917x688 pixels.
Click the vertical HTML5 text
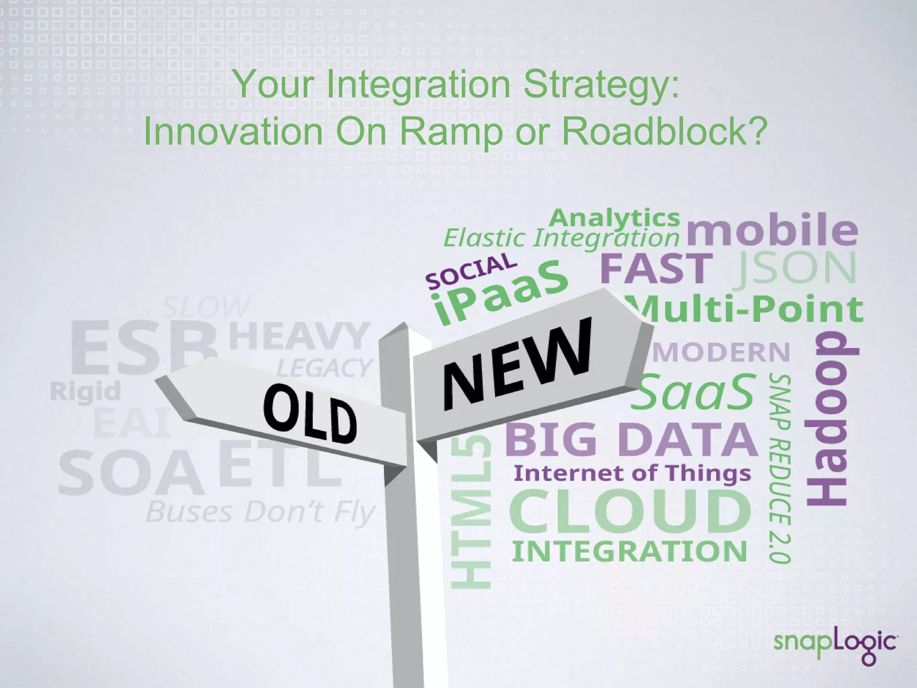click(471, 512)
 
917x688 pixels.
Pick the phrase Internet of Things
click(632, 473)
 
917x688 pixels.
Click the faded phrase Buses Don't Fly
click(260, 512)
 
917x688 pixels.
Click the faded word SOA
click(130, 473)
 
